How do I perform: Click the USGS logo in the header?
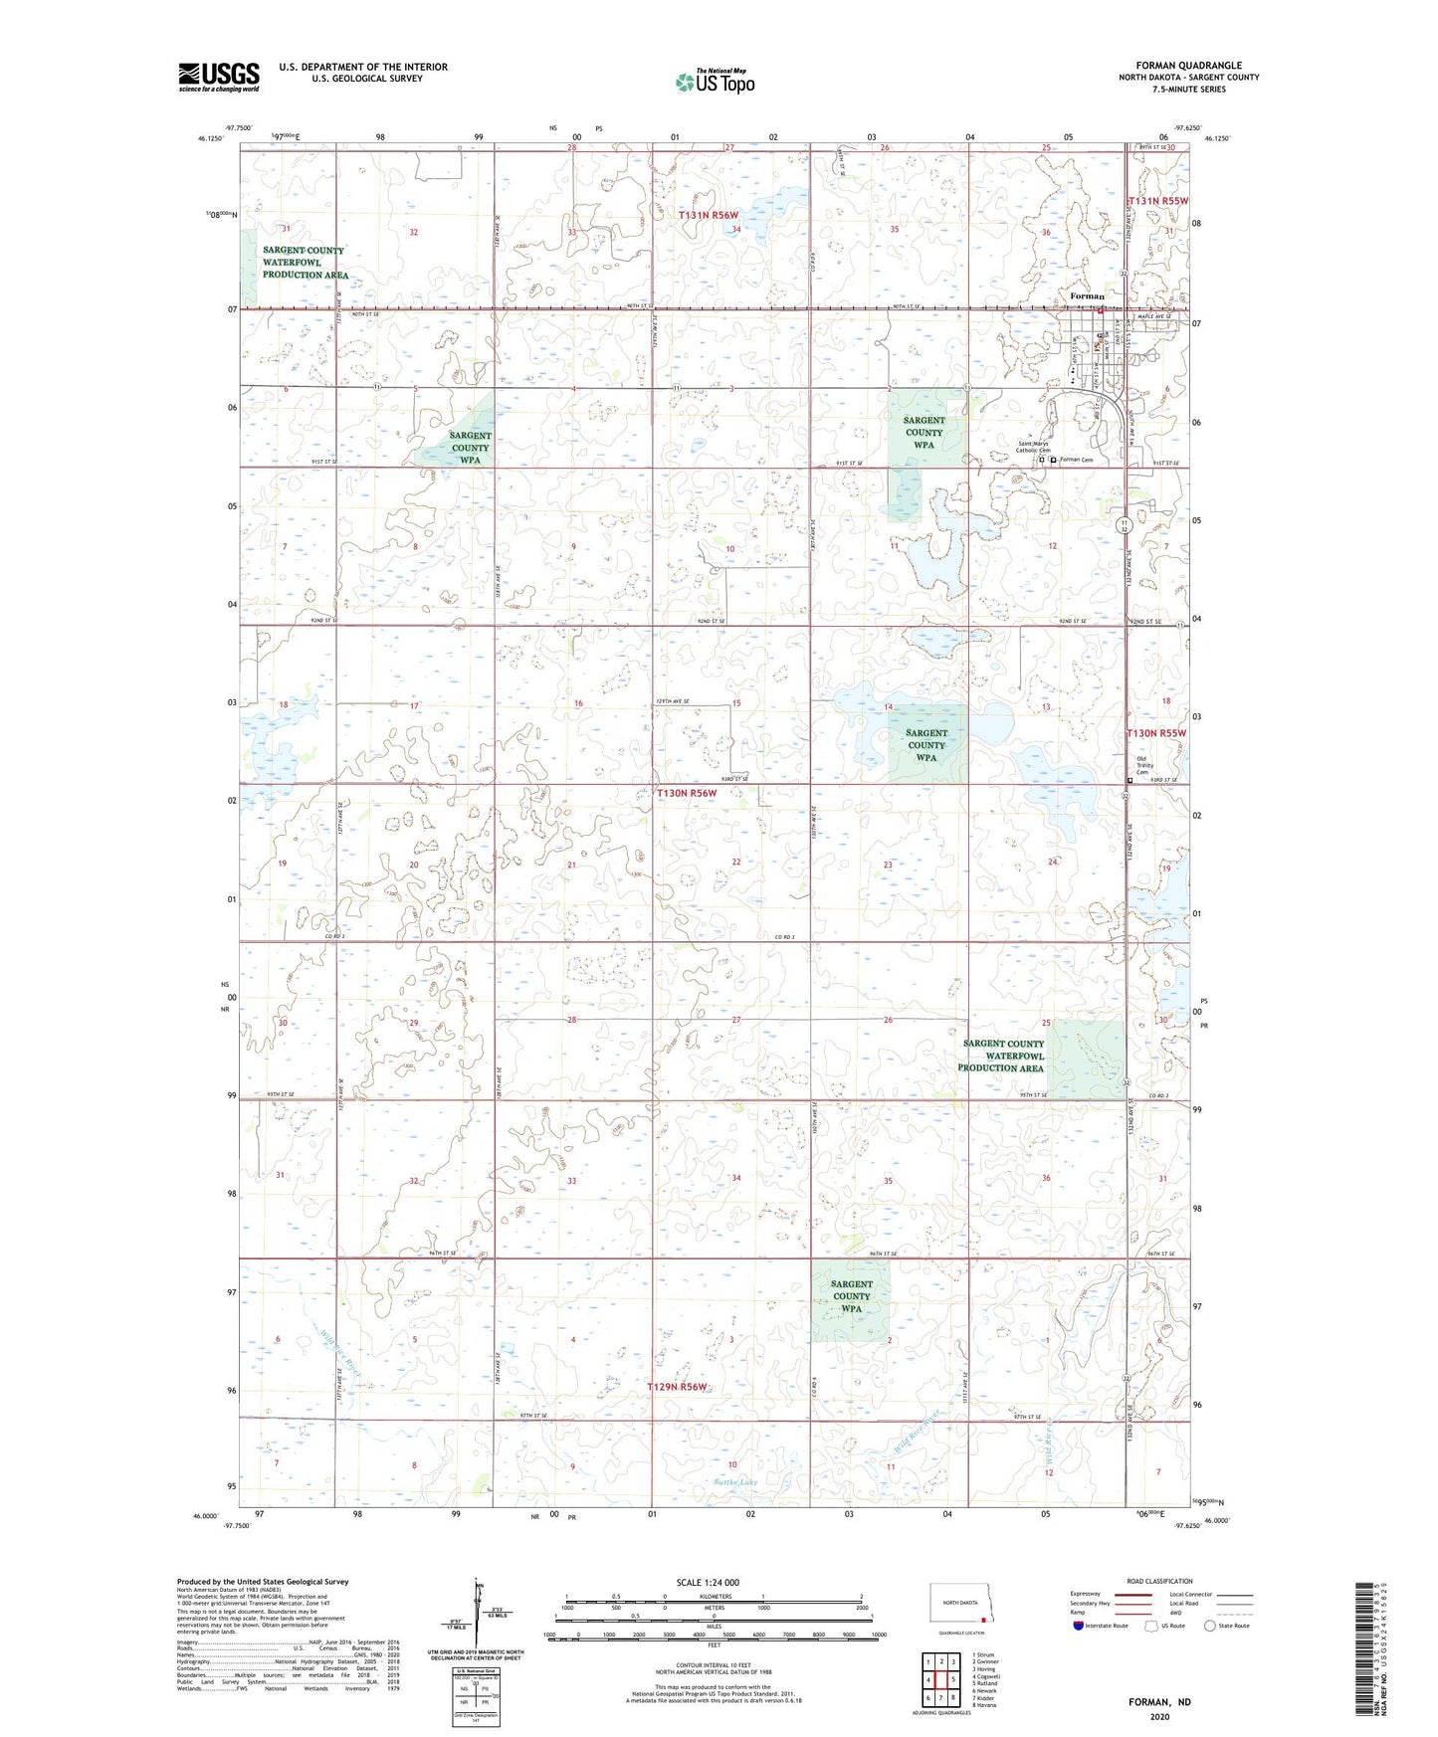point(219,77)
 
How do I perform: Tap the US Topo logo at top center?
point(715,82)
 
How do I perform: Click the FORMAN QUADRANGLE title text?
point(1188,65)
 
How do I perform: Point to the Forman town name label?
point(1087,296)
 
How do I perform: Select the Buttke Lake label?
point(735,1482)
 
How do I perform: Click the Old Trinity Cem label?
point(1142,765)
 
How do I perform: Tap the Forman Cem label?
point(1076,460)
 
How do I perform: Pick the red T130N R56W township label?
point(687,793)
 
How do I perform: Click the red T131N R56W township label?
point(709,215)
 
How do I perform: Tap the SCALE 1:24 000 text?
point(708,1582)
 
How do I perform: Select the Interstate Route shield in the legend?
point(1080,1625)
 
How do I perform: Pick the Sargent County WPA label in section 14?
point(926,745)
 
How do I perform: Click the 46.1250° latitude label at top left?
point(210,138)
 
